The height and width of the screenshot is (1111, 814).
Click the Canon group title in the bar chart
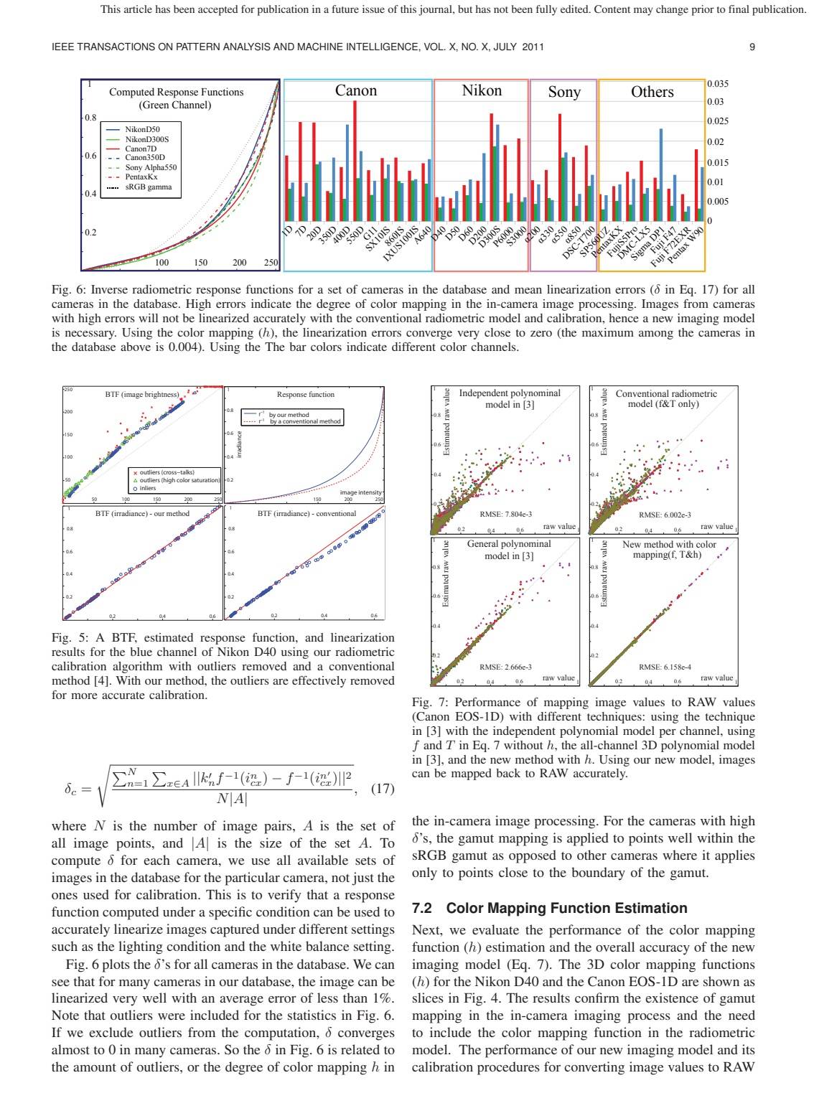click(356, 90)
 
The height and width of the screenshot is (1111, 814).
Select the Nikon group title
click(482, 90)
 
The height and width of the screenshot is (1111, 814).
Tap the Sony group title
click(563, 92)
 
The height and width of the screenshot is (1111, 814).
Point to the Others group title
click(652, 92)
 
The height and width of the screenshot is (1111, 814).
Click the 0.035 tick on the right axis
click(718, 84)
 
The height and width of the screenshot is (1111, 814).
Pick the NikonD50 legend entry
click(142, 129)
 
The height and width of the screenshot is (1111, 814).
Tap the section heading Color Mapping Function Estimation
click(550, 908)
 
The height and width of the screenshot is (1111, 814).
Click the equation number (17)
click(382, 789)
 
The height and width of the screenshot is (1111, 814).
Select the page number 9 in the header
click(752, 47)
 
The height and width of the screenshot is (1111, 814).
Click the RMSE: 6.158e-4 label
click(664, 667)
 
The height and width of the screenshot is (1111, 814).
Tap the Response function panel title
click(305, 394)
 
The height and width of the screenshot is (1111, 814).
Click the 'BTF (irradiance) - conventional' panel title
click(307, 513)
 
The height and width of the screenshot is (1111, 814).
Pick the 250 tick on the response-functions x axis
click(271, 263)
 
